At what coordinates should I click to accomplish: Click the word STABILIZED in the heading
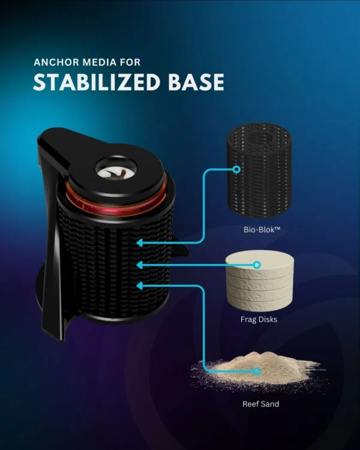[x=97, y=82]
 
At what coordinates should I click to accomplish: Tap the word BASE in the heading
[x=196, y=82]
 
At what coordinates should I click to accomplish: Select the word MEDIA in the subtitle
[x=100, y=62]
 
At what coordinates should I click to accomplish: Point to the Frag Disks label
[x=259, y=319]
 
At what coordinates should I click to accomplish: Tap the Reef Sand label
[x=260, y=404]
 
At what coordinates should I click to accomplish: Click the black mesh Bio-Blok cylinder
[x=259, y=171]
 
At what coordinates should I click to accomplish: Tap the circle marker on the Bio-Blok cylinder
[x=236, y=169]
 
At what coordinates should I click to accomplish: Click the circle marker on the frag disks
[x=257, y=265]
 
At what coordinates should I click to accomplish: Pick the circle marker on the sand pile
[x=257, y=371]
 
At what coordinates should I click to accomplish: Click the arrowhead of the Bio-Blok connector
[x=139, y=243]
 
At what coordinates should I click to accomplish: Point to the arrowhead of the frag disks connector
[x=139, y=265]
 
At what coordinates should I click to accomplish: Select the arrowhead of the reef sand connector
[x=139, y=286]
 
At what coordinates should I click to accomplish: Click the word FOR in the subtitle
[x=130, y=62]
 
